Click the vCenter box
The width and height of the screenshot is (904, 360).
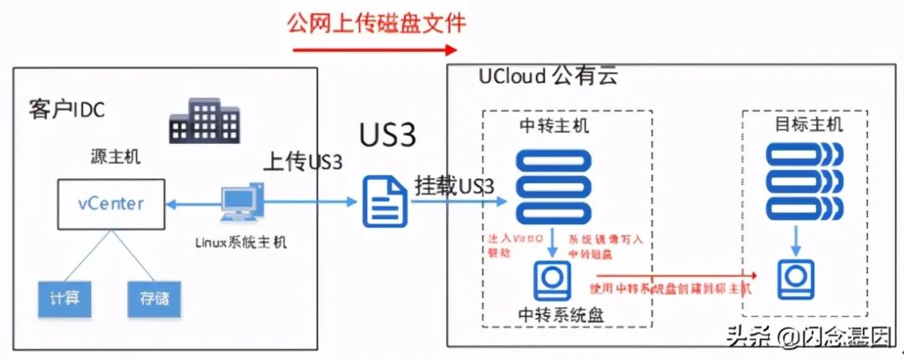pos(110,203)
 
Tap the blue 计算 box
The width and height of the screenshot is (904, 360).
pos(64,297)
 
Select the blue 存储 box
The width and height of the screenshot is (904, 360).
pos(153,297)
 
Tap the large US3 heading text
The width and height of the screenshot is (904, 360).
pos(388,135)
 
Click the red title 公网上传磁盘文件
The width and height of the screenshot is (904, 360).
pos(376,22)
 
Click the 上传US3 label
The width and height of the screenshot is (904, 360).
pos(303,162)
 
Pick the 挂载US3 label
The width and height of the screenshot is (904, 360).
pos(455,186)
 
